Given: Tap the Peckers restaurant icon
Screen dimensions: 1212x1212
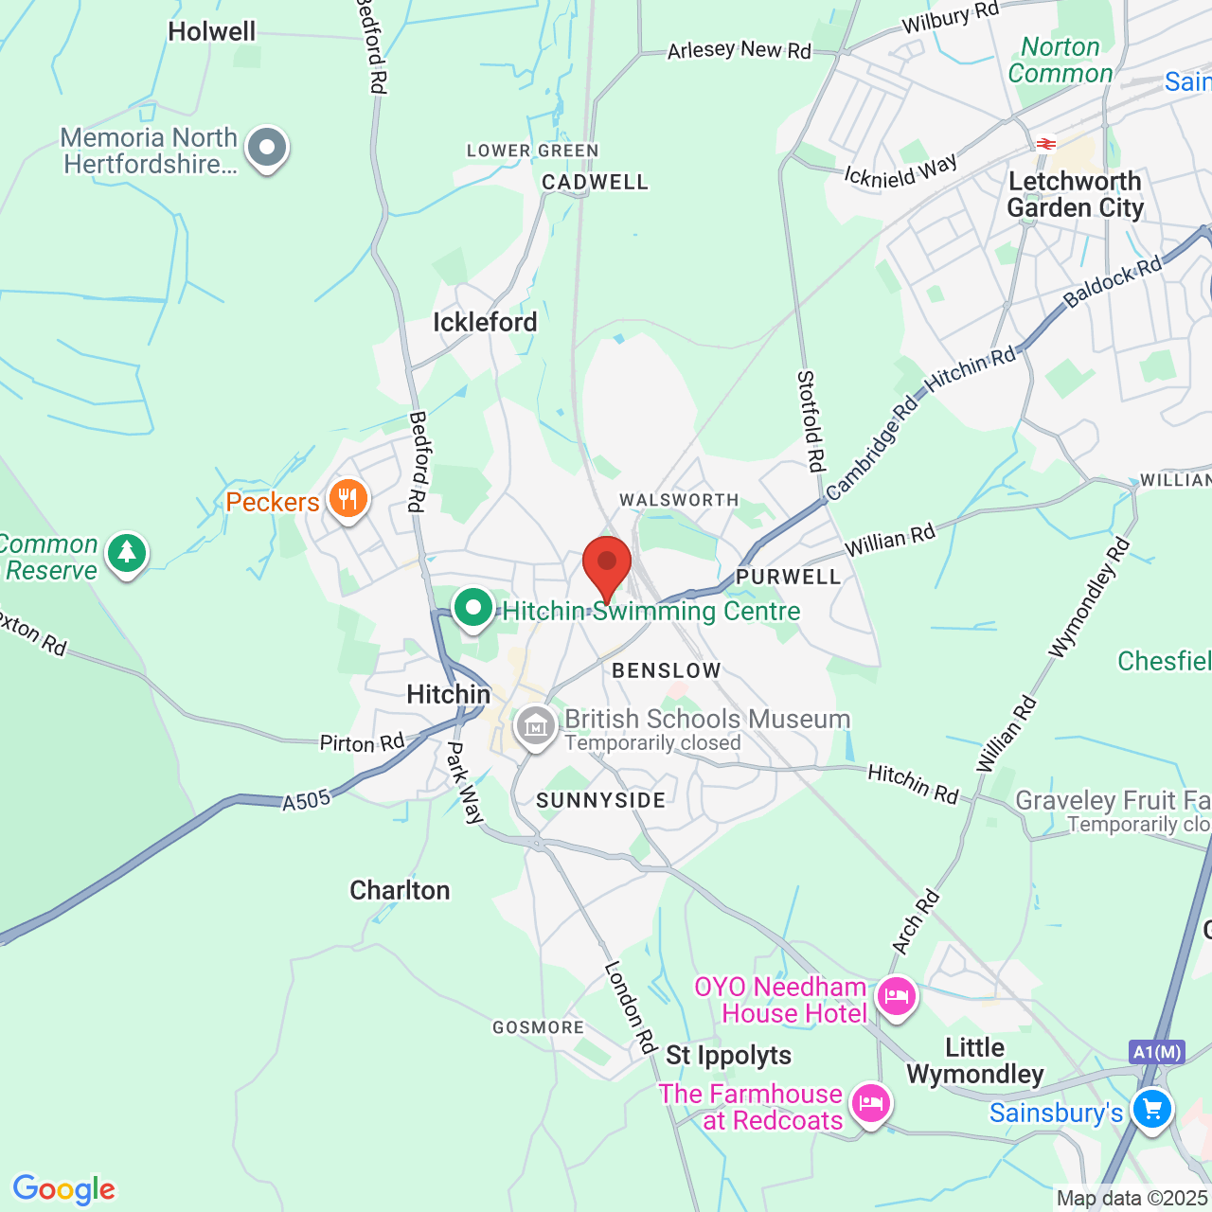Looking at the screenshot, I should [348, 498].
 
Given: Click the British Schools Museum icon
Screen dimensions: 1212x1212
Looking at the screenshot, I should [535, 726].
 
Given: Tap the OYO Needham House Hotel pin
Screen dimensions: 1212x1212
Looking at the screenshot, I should [895, 997].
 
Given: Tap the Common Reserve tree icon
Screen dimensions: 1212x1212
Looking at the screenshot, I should [127, 553].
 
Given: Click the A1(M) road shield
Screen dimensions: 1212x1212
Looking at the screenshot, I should [1156, 1052].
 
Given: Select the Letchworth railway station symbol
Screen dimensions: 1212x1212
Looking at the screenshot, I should [1046, 144].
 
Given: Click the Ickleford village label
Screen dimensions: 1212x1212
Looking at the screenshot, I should [485, 323].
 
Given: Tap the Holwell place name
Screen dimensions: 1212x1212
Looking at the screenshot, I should [212, 31].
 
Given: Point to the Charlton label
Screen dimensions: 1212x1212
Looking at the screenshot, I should [400, 891].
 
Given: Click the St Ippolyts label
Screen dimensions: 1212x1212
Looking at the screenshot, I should [728, 1055].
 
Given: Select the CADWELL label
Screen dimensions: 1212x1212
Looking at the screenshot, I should [595, 182].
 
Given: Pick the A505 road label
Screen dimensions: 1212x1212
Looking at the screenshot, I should [307, 801].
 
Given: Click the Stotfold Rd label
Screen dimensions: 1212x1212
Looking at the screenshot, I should [811, 420].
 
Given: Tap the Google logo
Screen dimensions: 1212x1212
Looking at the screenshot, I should [64, 1189].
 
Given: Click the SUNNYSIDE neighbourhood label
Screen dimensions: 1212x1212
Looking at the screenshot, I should [601, 801].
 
